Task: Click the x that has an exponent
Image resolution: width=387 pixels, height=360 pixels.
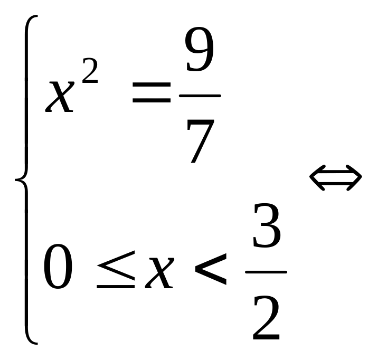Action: tap(59, 95)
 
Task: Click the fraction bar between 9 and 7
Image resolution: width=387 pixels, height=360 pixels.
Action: tap(200, 96)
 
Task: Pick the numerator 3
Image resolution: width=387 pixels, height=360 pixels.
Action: tap(266, 228)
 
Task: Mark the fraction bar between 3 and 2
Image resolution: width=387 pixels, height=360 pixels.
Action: tap(266, 272)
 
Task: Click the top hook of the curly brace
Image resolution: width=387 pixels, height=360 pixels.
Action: tap(33, 19)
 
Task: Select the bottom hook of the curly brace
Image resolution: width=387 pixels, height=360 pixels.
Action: tap(33, 343)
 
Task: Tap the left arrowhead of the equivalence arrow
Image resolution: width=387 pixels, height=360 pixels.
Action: tap(315, 179)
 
